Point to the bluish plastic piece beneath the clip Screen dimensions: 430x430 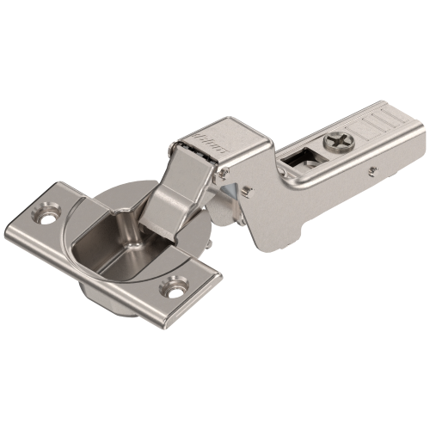[x=226, y=178]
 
